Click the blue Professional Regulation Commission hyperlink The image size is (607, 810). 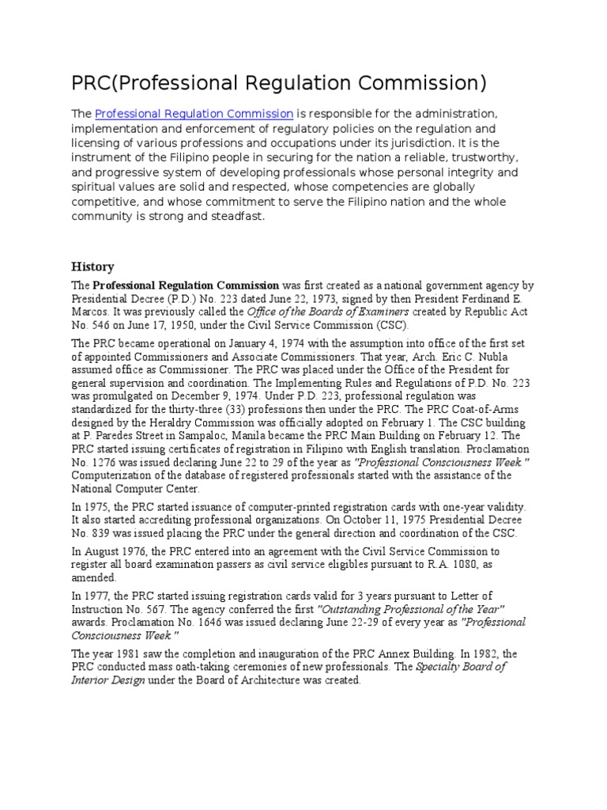[x=194, y=113]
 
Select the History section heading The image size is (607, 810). [x=92, y=267]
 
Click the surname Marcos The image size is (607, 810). [x=92, y=312]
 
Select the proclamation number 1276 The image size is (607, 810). [x=106, y=462]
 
